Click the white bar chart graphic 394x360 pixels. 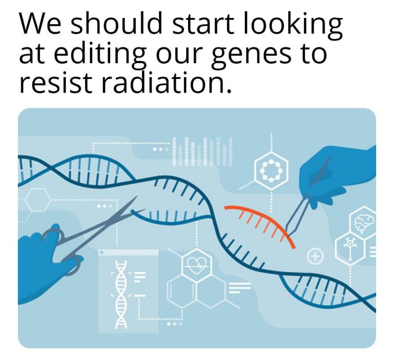tap(202, 151)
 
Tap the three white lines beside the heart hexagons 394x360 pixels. tap(239, 288)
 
